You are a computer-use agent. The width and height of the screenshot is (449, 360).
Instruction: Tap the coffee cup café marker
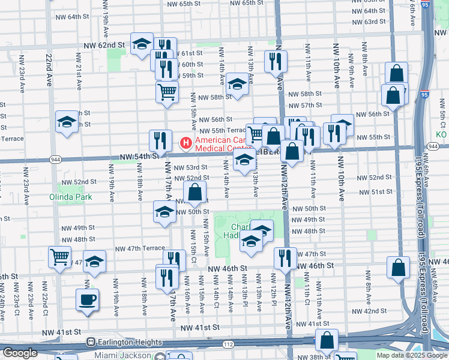(87, 299)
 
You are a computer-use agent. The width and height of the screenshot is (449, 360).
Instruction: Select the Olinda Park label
(70, 196)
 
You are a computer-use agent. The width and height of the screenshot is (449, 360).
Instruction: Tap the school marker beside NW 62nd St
(142, 44)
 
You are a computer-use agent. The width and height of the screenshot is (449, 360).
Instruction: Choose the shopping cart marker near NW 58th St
(167, 92)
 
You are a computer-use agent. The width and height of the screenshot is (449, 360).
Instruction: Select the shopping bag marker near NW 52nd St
(194, 193)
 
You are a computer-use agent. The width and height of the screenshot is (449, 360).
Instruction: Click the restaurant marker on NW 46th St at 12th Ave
(285, 257)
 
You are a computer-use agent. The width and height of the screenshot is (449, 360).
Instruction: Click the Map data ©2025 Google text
(412, 355)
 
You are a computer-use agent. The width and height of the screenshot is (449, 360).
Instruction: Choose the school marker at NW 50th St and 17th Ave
(164, 213)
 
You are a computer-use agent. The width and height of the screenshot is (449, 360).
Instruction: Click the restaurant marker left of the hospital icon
(159, 140)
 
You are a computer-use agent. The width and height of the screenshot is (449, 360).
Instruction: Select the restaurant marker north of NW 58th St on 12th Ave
(276, 61)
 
